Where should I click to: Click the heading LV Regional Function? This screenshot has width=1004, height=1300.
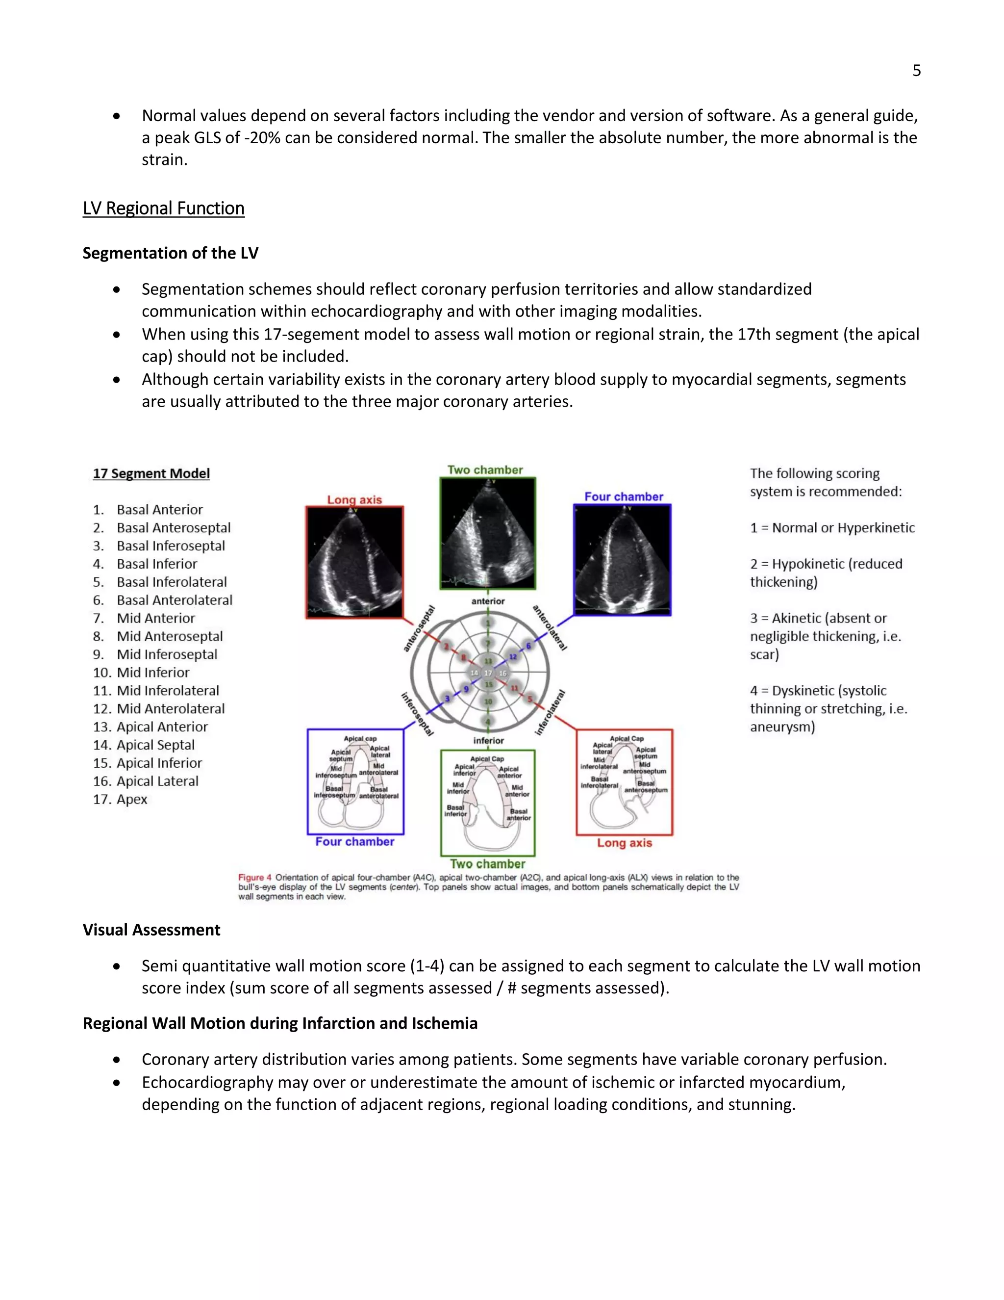[164, 208]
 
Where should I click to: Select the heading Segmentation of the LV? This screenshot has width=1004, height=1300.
[170, 253]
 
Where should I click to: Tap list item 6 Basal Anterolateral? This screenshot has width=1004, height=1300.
[174, 600]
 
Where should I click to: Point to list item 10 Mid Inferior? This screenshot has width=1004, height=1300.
[152, 673]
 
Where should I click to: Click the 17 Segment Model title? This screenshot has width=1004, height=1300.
[151, 473]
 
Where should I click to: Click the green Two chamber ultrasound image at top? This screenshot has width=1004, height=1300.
[488, 533]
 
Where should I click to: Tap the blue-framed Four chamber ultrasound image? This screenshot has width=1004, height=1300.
[622, 560]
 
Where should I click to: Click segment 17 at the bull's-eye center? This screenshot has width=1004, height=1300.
[488, 673]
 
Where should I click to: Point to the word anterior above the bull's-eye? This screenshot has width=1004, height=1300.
[488, 601]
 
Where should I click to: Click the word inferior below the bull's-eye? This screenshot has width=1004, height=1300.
[488, 740]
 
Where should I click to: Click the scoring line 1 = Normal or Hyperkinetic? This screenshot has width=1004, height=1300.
[832, 527]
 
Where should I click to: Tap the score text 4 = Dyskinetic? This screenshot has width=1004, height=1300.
[818, 691]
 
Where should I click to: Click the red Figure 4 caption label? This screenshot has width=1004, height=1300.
[254, 878]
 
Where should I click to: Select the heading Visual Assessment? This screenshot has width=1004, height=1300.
[151, 930]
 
